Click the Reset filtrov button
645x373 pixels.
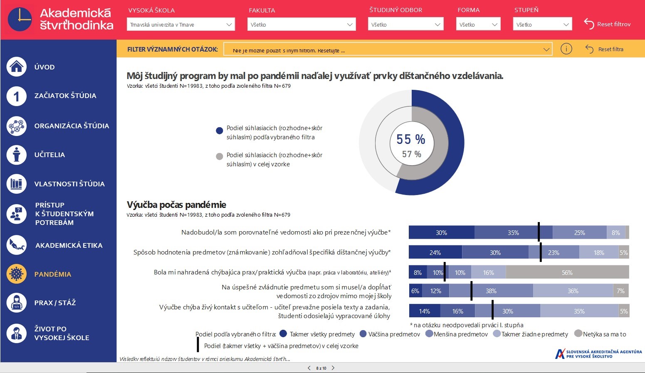(607, 24)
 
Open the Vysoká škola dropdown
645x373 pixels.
(180, 25)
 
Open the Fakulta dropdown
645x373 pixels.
(301, 25)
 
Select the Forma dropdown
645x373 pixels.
(478, 25)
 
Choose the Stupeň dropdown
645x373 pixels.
(542, 25)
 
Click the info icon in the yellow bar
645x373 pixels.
(566, 49)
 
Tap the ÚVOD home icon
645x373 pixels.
(17, 67)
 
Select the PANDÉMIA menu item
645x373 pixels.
(52, 274)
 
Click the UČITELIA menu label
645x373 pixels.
(49, 155)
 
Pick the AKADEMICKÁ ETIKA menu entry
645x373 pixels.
(69, 245)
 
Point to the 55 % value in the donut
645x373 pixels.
(410, 139)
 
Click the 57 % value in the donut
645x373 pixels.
(411, 154)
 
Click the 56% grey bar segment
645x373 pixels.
(567, 272)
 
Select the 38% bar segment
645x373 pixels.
(491, 291)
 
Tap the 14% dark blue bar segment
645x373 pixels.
(424, 311)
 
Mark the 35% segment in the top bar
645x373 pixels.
(513, 232)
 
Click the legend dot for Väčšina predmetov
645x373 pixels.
(363, 333)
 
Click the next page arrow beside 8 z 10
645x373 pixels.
(333, 368)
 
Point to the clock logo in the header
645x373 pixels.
(20, 19)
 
